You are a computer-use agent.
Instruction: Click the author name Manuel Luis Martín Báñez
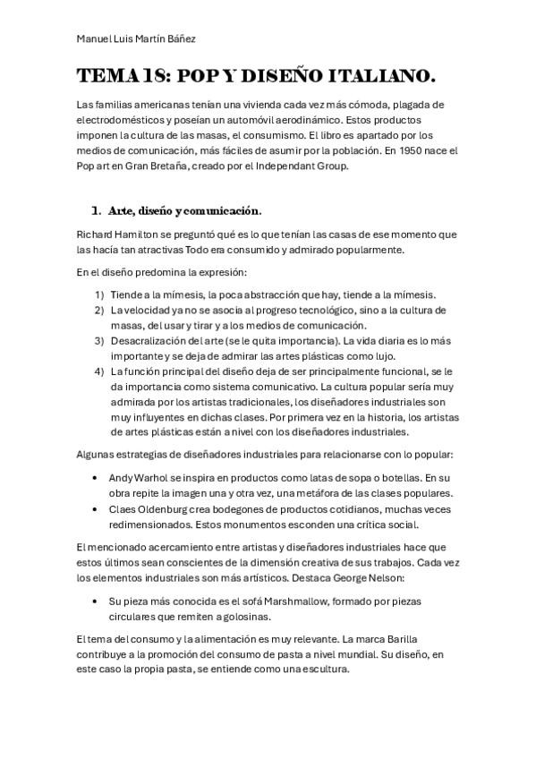(136, 38)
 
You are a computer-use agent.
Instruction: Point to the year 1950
(412, 152)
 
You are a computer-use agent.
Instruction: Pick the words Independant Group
(305, 166)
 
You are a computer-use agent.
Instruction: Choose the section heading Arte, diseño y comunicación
(184, 211)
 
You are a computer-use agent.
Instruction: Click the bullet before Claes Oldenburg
(96, 508)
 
